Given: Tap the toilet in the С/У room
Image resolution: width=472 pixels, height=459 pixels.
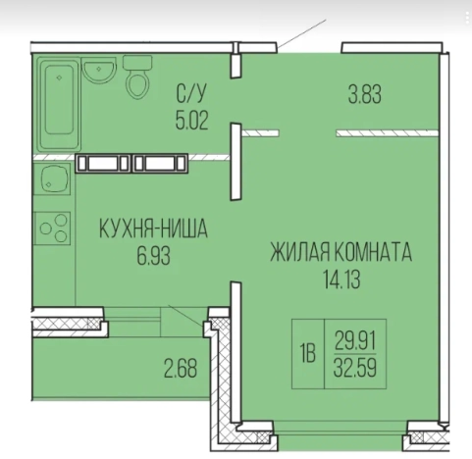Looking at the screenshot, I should coord(137,79).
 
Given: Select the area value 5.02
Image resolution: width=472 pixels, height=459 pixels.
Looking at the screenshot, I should coord(192,121).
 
